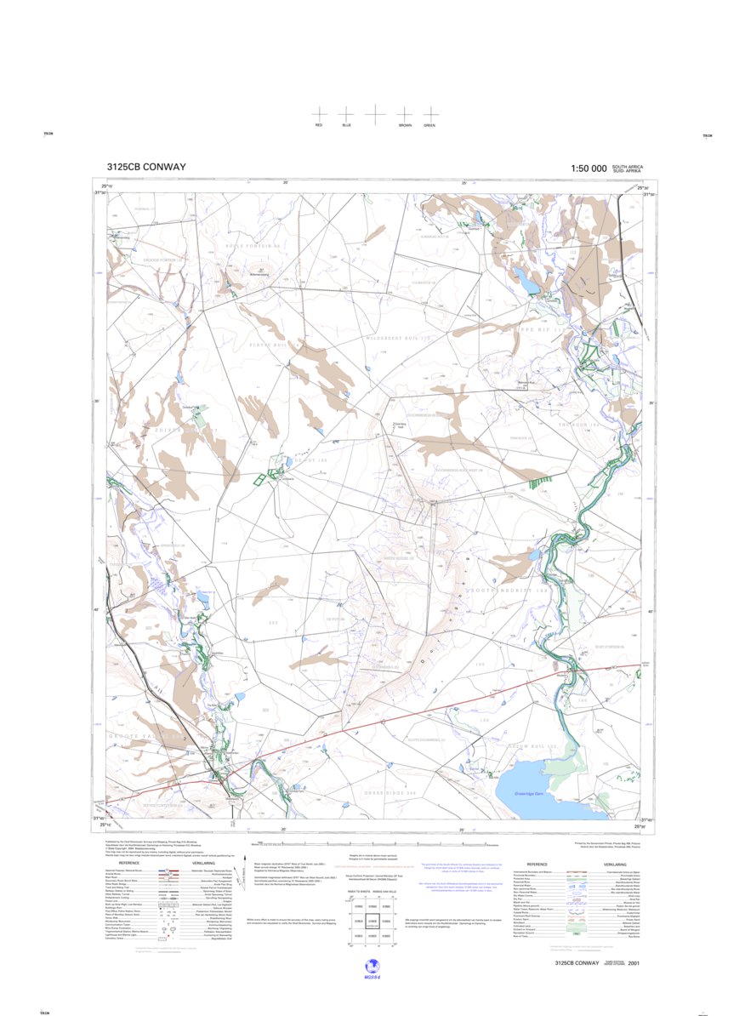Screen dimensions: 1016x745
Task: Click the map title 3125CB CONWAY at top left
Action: [x=146, y=168]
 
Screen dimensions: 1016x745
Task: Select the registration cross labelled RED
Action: [x=319, y=113]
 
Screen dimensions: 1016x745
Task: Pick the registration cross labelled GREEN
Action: [x=430, y=113]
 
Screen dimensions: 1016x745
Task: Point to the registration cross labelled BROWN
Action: [x=405, y=113]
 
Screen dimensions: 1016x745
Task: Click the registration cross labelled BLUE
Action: [x=346, y=113]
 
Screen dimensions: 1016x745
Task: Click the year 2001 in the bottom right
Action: [x=634, y=963]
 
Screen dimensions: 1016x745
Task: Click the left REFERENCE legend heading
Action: [x=129, y=863]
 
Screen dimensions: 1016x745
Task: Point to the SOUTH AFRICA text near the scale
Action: [x=628, y=166]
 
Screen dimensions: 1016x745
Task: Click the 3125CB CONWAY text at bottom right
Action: [x=577, y=963]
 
